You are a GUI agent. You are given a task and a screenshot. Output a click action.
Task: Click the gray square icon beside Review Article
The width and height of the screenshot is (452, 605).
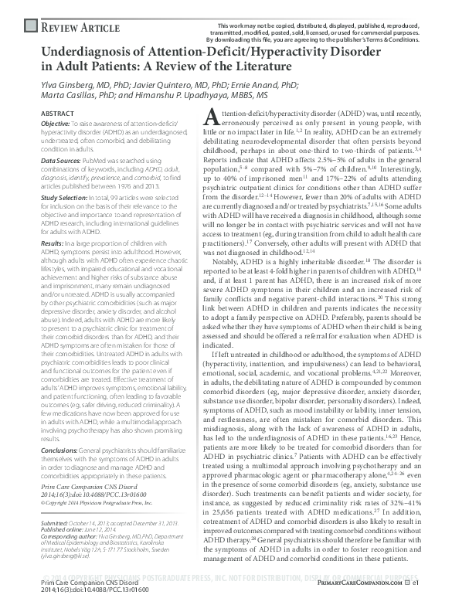[x=30, y=27]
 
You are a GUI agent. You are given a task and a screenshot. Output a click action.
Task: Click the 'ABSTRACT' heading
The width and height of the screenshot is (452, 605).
[x=56, y=114]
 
